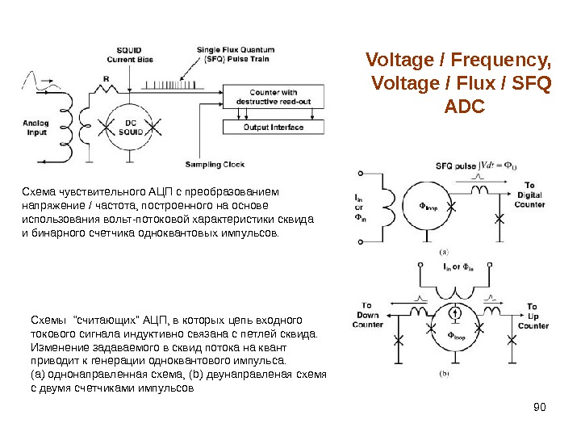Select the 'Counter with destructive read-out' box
pyautogui.click(x=273, y=98)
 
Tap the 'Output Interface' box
pyautogui.click(x=273, y=127)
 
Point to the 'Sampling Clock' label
pyautogui.click(x=215, y=164)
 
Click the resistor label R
pyautogui.click(x=106, y=78)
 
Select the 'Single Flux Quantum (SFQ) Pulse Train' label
pyautogui.click(x=233, y=54)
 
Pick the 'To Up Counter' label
pyautogui.click(x=533, y=316)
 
